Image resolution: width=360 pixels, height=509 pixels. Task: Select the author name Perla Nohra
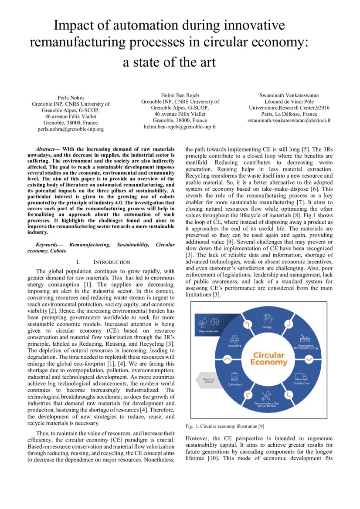click(71, 97)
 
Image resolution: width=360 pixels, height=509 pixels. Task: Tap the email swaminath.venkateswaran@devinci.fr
click(289, 120)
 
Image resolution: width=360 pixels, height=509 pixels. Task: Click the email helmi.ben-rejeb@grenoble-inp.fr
click(180, 127)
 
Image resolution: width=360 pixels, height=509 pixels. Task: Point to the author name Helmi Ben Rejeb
click(180, 95)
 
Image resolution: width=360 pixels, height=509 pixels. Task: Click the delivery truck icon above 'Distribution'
click(301, 376)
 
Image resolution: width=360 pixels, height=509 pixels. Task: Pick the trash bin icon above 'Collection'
click(234, 377)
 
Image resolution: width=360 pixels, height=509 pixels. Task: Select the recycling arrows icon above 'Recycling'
click(234, 338)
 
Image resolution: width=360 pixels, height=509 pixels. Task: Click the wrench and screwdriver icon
click(266, 396)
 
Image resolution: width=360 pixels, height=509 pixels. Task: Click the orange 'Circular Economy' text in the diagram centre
click(269, 359)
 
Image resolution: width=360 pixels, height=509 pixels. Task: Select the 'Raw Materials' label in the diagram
click(208, 331)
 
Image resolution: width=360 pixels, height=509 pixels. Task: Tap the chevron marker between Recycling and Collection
click(226, 360)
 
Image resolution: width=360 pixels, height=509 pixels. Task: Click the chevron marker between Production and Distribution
click(309, 360)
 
